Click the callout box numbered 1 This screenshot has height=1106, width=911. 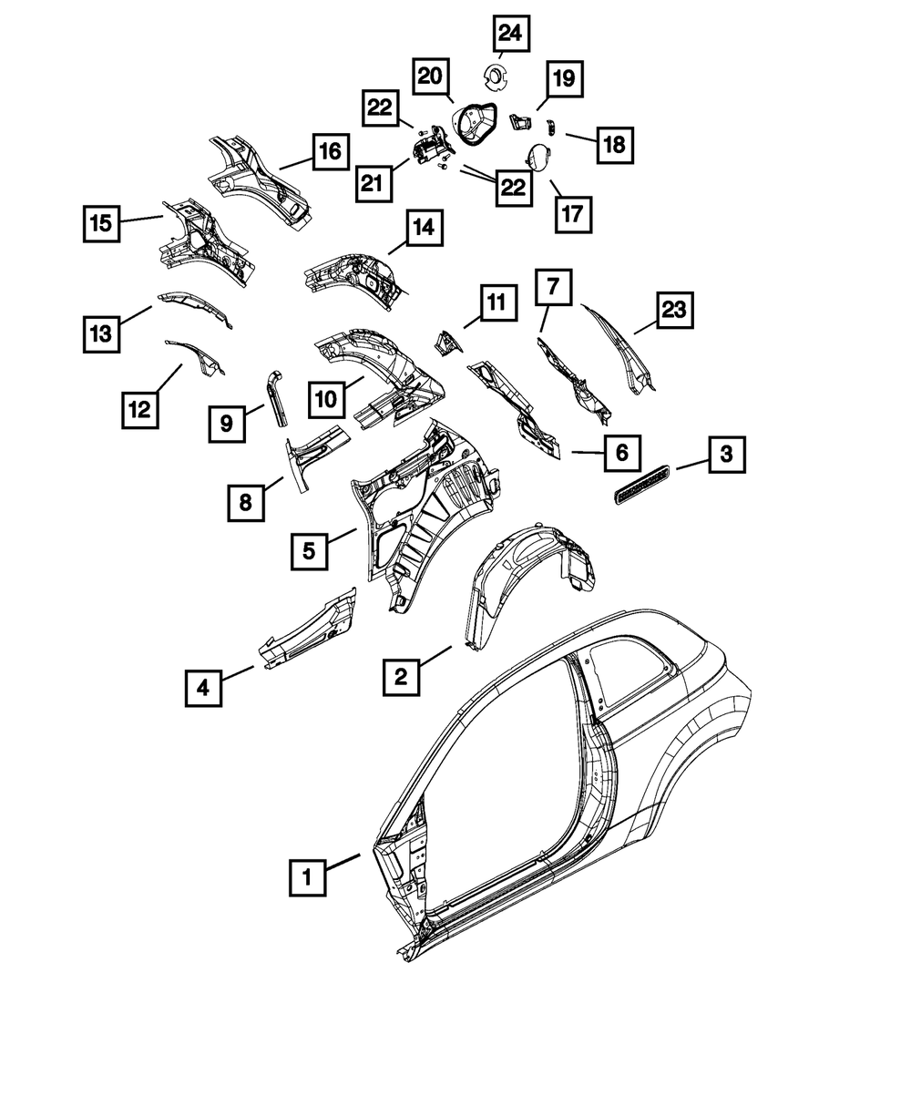tap(308, 878)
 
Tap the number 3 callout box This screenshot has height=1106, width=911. tap(726, 454)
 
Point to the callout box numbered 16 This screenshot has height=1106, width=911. tap(330, 151)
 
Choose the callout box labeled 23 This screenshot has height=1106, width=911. tap(672, 312)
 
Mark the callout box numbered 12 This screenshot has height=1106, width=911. tap(139, 410)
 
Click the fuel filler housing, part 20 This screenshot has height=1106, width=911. tap(476, 122)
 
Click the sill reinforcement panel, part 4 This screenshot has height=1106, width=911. tap(310, 624)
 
